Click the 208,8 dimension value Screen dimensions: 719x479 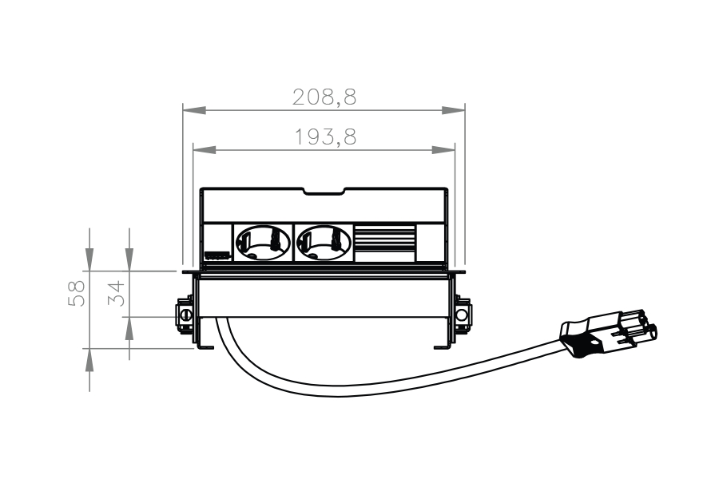324,97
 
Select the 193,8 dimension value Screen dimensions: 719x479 325,137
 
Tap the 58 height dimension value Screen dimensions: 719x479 77,293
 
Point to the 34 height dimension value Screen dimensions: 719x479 117,293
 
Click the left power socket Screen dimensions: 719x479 263,243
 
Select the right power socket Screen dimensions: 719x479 324,243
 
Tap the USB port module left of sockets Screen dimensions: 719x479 217,255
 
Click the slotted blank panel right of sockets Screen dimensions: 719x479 385,243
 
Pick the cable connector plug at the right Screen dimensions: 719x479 608,334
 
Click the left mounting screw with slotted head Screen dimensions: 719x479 185,315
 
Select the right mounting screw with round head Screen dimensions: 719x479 463,315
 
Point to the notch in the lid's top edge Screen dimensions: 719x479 324,192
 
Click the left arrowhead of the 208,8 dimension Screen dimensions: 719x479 194,110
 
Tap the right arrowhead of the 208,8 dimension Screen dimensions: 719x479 453,110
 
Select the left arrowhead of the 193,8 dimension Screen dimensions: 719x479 205,150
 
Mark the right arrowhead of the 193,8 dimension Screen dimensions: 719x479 443,150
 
